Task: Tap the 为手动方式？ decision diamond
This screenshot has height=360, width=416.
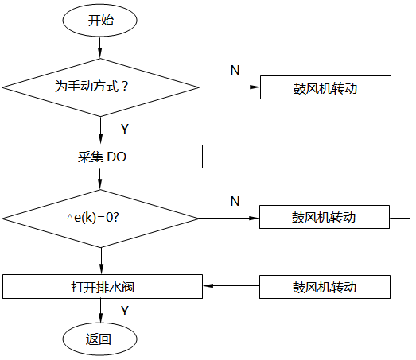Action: click(x=100, y=87)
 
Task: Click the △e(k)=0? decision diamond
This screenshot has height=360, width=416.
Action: click(x=100, y=217)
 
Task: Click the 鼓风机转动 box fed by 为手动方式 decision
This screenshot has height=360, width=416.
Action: click(x=325, y=87)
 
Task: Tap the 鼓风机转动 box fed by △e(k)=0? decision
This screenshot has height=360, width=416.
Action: click(x=325, y=217)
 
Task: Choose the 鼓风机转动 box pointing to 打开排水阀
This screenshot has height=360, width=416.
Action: click(x=325, y=286)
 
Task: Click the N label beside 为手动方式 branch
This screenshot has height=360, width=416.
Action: click(x=235, y=70)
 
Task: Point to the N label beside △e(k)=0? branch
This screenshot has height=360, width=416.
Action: click(x=235, y=200)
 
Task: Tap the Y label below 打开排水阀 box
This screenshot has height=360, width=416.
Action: click(x=125, y=310)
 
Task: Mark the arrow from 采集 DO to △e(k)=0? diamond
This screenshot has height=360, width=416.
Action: click(x=100, y=180)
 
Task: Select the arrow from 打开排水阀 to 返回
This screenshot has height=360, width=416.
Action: click(x=100, y=312)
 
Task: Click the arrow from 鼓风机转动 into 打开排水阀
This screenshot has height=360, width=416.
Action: click(x=232, y=286)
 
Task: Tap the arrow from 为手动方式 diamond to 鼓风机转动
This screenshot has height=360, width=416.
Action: click(x=231, y=87)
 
